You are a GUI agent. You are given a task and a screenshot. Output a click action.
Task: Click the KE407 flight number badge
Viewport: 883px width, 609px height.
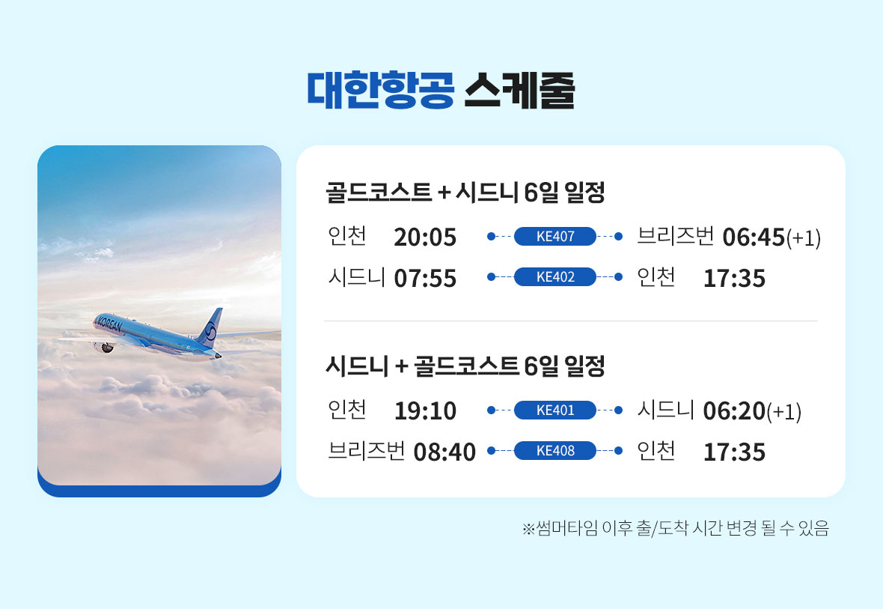[554, 236]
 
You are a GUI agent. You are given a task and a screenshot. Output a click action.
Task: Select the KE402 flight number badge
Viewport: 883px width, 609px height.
[554, 277]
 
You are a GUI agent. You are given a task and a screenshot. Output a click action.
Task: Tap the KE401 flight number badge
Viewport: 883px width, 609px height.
[554, 410]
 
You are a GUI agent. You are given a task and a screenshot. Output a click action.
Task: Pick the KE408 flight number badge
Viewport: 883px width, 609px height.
[554, 450]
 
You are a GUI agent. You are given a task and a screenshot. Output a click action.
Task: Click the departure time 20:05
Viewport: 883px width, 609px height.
[425, 237]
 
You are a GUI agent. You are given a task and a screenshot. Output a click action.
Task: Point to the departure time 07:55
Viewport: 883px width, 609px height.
[425, 279]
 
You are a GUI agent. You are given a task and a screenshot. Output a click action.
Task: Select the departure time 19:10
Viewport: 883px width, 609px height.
[425, 411]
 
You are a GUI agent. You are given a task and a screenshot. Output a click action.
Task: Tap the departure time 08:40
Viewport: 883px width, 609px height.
[445, 452]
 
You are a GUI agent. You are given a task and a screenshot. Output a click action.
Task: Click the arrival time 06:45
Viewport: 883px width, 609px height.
[754, 237]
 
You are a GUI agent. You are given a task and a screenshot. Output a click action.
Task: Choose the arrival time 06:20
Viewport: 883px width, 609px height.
[734, 411]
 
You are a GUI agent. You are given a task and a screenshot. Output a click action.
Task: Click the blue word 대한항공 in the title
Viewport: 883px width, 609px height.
[381, 90]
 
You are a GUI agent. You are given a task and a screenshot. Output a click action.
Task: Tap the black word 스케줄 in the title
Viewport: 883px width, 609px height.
[519, 90]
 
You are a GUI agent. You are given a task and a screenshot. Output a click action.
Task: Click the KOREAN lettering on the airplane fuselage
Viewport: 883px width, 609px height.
[109, 324]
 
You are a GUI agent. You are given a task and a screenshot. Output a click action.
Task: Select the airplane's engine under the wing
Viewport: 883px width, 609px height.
[106, 348]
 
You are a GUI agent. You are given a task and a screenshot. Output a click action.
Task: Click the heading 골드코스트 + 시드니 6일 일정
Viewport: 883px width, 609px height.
[465, 193]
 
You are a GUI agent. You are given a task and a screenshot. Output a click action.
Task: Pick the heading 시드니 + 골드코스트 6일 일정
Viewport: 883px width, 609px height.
[465, 366]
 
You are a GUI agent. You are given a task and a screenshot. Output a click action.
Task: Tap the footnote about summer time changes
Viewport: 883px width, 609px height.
[676, 528]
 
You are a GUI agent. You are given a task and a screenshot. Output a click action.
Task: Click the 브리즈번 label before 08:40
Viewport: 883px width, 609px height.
[367, 451]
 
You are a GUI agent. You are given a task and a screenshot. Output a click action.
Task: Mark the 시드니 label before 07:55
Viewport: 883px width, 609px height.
[356, 277]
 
